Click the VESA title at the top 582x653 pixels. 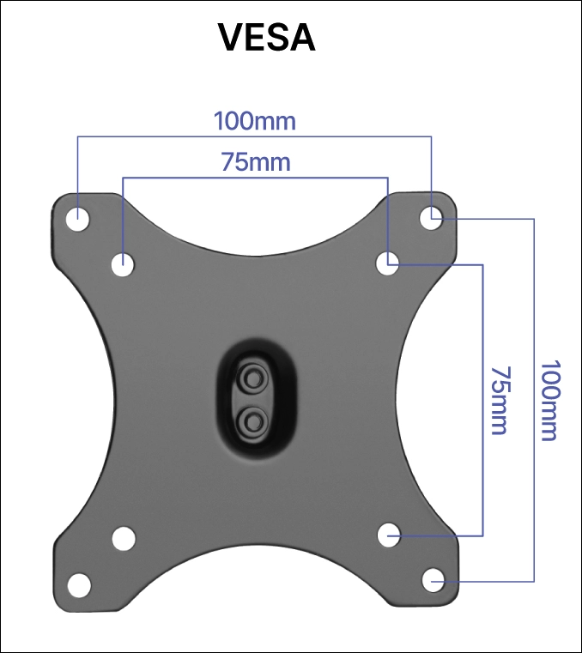[266, 37]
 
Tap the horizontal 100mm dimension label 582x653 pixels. [255, 121]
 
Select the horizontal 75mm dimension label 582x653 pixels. [256, 162]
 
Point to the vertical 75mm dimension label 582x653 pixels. [500, 401]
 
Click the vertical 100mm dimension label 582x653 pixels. [551, 400]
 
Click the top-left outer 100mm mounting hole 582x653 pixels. [78, 219]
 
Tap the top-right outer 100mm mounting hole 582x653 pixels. [431, 218]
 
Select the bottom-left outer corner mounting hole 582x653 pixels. [79, 585]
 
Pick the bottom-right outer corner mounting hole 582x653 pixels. [433, 580]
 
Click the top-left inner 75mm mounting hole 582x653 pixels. [123, 264]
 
